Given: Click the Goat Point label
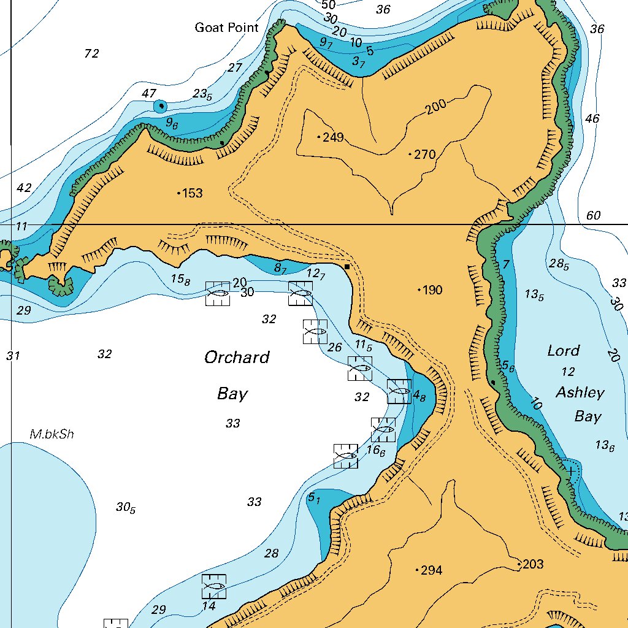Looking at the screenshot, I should coord(226,28).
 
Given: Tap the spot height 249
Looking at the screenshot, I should coord(332,137).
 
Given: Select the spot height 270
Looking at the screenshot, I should coord(423,155).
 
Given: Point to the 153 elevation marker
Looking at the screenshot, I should coord(191,194).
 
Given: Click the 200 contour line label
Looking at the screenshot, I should coord(435,106).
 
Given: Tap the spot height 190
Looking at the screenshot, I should coord(431,290).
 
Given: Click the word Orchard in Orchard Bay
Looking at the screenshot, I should coord(237,358).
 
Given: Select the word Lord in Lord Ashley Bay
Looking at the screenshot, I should coord(563,351).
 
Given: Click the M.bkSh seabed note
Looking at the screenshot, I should coord(52,434).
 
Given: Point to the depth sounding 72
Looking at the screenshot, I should coord(91,54).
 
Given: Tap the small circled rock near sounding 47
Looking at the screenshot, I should coord(161,106).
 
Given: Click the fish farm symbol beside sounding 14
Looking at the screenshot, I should coord(214,586).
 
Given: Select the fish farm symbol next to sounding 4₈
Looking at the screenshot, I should coord(399,391).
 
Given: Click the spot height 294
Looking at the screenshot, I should coord(430,571).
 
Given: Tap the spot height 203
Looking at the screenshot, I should coord(531,564).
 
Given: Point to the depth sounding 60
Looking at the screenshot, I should coord(593,216).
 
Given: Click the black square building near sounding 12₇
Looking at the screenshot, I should coord(347,267).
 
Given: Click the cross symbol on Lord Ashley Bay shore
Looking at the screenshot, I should coord(571,471).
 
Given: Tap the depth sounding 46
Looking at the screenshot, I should coord(592,118).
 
